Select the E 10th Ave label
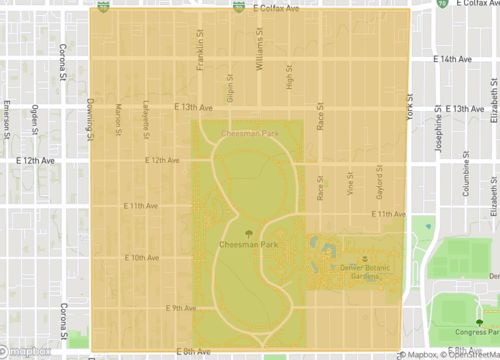(x=142, y=257)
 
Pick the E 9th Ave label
(x=181, y=308)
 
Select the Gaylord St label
(x=379, y=180)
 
